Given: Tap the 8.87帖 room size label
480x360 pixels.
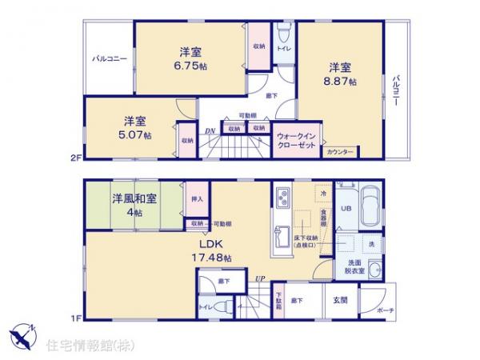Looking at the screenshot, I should coord(342,82).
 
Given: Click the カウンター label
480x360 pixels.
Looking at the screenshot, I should coord(342,150).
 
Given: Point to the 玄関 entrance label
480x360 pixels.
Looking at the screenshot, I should coord(340,300).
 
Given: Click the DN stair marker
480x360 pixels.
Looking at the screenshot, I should coord(209,131).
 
